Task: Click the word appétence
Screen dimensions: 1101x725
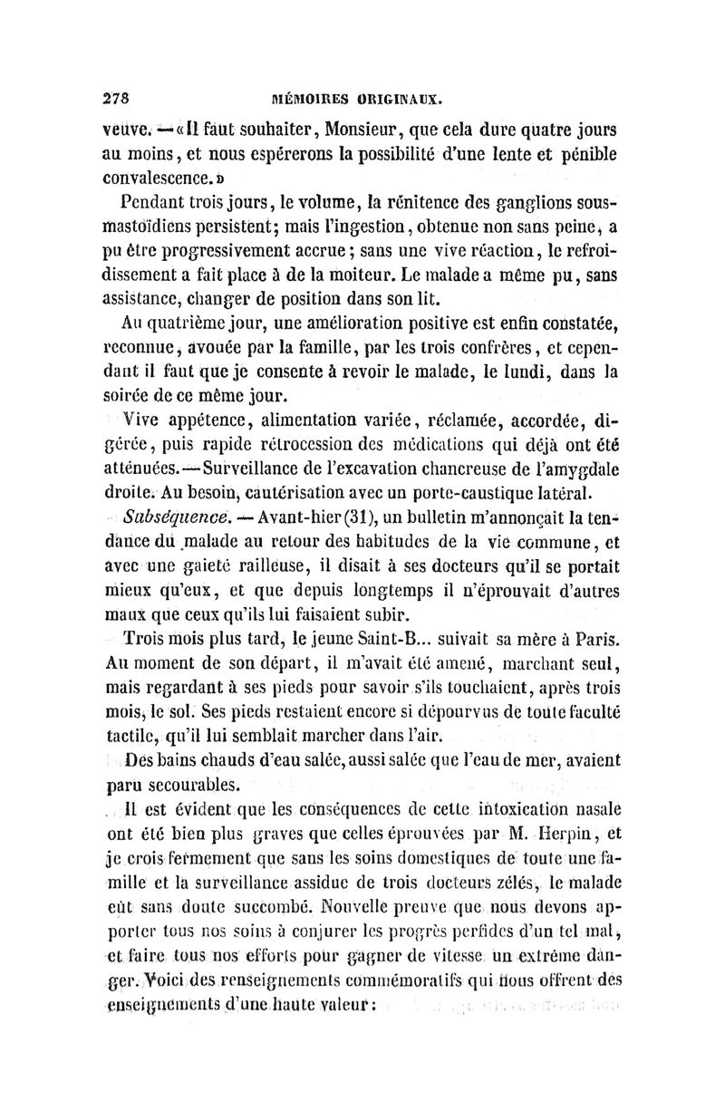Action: [x=220, y=420]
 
